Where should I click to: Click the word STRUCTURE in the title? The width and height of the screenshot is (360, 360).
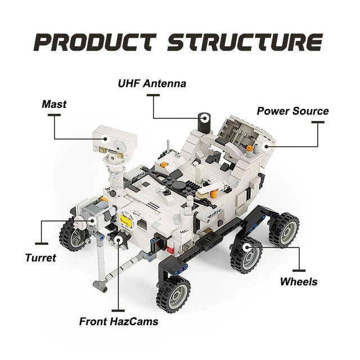click(245, 42)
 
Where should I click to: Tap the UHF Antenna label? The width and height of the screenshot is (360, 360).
click(152, 84)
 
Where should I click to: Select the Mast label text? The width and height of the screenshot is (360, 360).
click(54, 104)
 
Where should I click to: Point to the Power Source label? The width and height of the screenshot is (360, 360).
click(292, 111)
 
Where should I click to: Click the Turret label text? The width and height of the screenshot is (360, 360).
click(40, 258)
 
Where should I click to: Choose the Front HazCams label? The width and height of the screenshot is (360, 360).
click(118, 322)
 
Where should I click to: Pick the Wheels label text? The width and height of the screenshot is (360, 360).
click(299, 281)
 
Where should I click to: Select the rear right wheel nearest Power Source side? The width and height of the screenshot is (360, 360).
click(283, 229)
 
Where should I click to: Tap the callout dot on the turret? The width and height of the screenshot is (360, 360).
click(93, 221)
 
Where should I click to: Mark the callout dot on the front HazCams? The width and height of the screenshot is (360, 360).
click(119, 241)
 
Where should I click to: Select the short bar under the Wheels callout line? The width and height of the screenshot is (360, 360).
click(299, 269)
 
